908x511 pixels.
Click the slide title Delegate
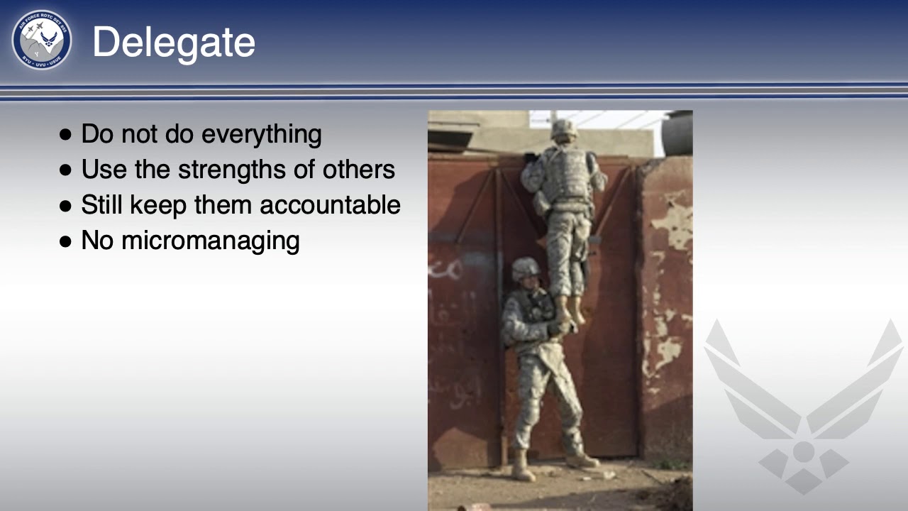173,42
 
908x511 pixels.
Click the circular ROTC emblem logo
41,40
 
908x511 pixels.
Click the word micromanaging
210,241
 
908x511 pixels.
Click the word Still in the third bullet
101,205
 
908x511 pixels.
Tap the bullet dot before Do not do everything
66,135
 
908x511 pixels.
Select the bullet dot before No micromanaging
66,241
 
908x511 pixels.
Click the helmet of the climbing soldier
564,128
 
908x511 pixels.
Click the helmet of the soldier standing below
526,268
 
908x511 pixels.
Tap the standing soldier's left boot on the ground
523,471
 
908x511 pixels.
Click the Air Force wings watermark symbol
803,405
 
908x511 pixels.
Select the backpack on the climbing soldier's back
565,173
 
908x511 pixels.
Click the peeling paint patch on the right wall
667,220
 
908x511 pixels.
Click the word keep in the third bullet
152,205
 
